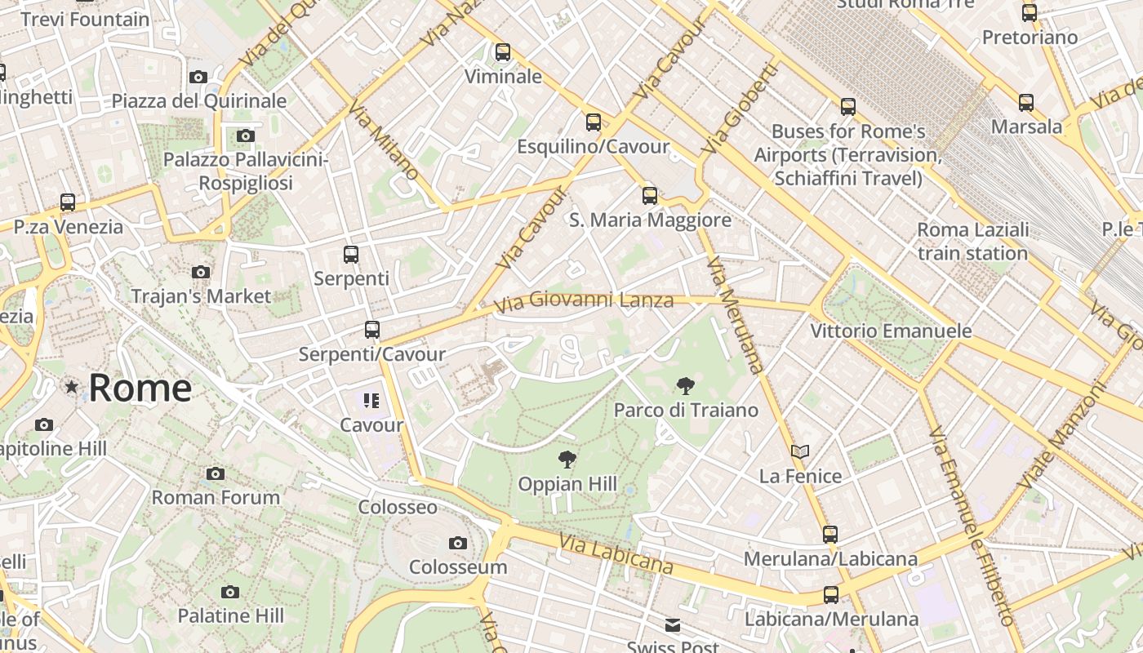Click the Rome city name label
pos(140,388)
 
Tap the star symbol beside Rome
pos(72,387)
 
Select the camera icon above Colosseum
pos(457,543)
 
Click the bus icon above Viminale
pos(503,52)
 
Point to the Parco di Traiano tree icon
pos(686,386)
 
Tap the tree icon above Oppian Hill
pos(567,460)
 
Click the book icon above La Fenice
pos(800,451)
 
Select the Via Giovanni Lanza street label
pos(584,301)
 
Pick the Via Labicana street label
pos(616,553)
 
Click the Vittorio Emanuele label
pos(891,331)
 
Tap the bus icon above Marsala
pos(1026,103)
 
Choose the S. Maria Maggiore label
pos(650,220)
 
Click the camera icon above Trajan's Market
pos(200,272)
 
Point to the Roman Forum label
pos(216,497)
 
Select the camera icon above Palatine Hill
pos(230,592)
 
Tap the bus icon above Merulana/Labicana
pos(830,535)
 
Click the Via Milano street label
pos(384,140)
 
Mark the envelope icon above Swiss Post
pos(673,625)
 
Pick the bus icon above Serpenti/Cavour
pos(371,330)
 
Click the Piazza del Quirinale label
pos(199,101)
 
